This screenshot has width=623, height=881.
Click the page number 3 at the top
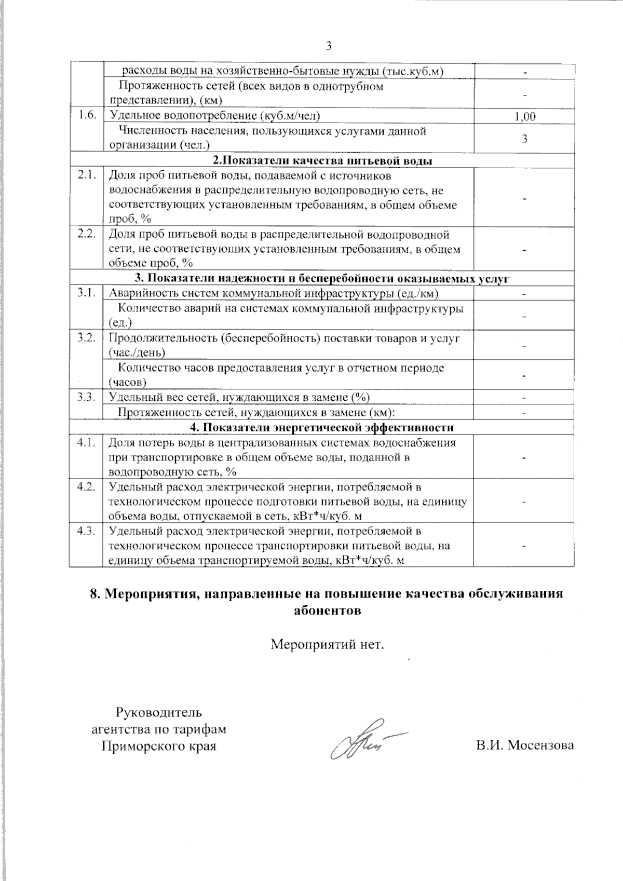pyautogui.click(x=328, y=46)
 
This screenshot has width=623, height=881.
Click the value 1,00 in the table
pyautogui.click(x=524, y=116)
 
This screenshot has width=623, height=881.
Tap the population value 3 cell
pyautogui.click(x=524, y=139)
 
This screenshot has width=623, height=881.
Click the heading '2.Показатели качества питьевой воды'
pyautogui.click(x=322, y=160)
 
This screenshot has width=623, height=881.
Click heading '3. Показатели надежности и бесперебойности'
pyautogui.click(x=322, y=279)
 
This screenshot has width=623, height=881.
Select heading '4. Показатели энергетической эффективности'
pyautogui.click(x=322, y=428)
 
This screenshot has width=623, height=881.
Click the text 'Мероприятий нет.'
pyautogui.click(x=328, y=645)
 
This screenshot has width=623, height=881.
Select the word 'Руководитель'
pyautogui.click(x=159, y=712)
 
